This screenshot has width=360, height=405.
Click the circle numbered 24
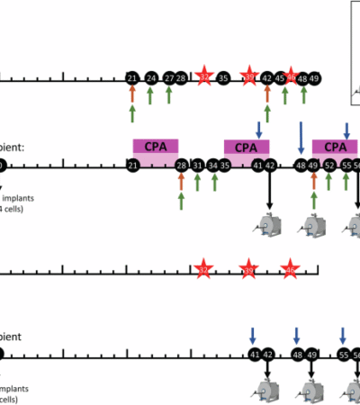[x=151, y=78]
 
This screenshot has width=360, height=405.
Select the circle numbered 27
[x=169, y=78]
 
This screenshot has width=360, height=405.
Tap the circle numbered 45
[x=280, y=78]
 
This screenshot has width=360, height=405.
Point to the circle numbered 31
[x=197, y=166]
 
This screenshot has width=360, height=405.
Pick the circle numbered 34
[x=212, y=166]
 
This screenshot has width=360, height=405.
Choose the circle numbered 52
[x=329, y=166]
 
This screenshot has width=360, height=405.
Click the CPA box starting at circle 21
[x=156, y=146]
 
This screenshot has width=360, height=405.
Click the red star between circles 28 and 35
[x=204, y=77]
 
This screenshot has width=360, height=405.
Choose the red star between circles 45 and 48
[x=291, y=77]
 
